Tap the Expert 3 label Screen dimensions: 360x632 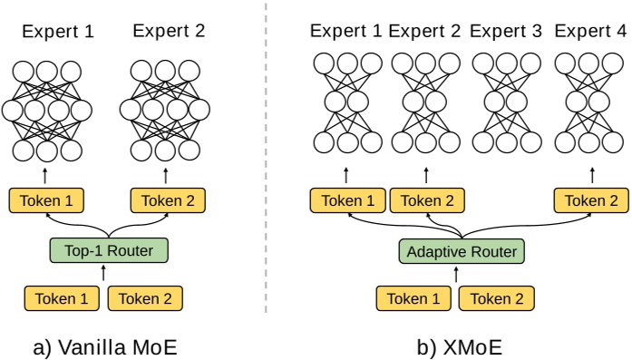pyautogui.click(x=506, y=31)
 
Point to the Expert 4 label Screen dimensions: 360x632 pyautogui.click(x=590, y=31)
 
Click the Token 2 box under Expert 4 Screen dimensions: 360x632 pyautogui.click(x=591, y=200)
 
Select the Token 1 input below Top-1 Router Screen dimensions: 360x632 pyautogui.click(x=62, y=297)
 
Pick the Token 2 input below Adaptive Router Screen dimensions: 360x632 pyautogui.click(x=497, y=297)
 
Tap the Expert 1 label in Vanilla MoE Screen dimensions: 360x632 pyautogui.click(x=58, y=31)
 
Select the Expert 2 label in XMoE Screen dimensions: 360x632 pyautogui.click(x=424, y=31)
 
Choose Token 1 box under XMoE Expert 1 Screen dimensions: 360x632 pyautogui.click(x=346, y=200)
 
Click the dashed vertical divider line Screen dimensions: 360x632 pyautogui.click(x=266, y=163)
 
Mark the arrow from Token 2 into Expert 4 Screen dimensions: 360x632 pyautogui.click(x=591, y=174)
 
